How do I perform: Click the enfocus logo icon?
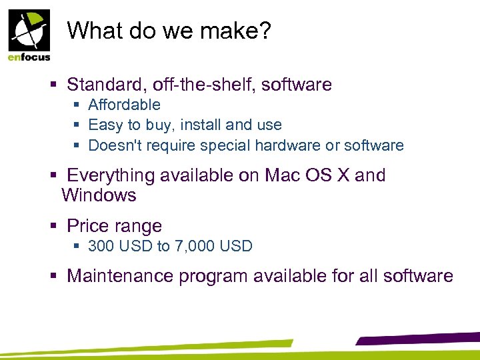[x=29, y=29]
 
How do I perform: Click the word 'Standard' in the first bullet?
[x=107, y=85]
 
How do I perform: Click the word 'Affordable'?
[x=124, y=105]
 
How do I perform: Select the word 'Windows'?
[x=99, y=195]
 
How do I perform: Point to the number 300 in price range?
[x=100, y=247]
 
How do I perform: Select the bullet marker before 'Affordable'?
[x=77, y=105]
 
